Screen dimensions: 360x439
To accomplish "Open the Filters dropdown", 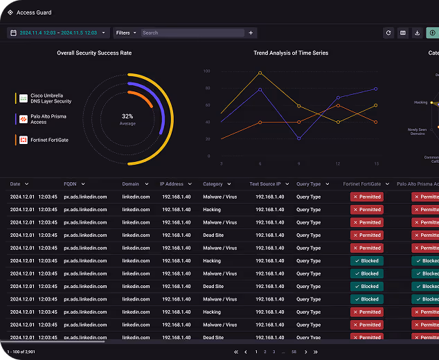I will pos(125,33).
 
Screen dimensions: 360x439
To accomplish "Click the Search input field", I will pos(192,33).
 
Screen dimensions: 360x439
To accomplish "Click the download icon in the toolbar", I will pos(418,33).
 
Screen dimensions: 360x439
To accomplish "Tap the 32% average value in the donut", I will pos(127,116).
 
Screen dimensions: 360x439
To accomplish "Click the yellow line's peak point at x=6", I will pos(260,73).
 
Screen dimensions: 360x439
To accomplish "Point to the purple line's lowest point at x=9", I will pos(299,138).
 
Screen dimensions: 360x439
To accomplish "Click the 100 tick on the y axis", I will pos(206,71).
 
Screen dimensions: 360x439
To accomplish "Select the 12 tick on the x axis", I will pos(338,163).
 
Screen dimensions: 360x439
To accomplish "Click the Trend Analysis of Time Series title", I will pos(291,53).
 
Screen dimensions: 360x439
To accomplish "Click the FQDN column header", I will pos(71,184).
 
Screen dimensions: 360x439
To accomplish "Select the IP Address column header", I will pos(172,184).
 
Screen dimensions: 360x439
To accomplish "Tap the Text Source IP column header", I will pos(265,184).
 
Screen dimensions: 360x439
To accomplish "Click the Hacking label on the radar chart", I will pos(420,102).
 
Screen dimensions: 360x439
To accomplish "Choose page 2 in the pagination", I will pos(265,352).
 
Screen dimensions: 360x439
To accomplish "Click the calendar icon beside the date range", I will pos(14,33).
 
